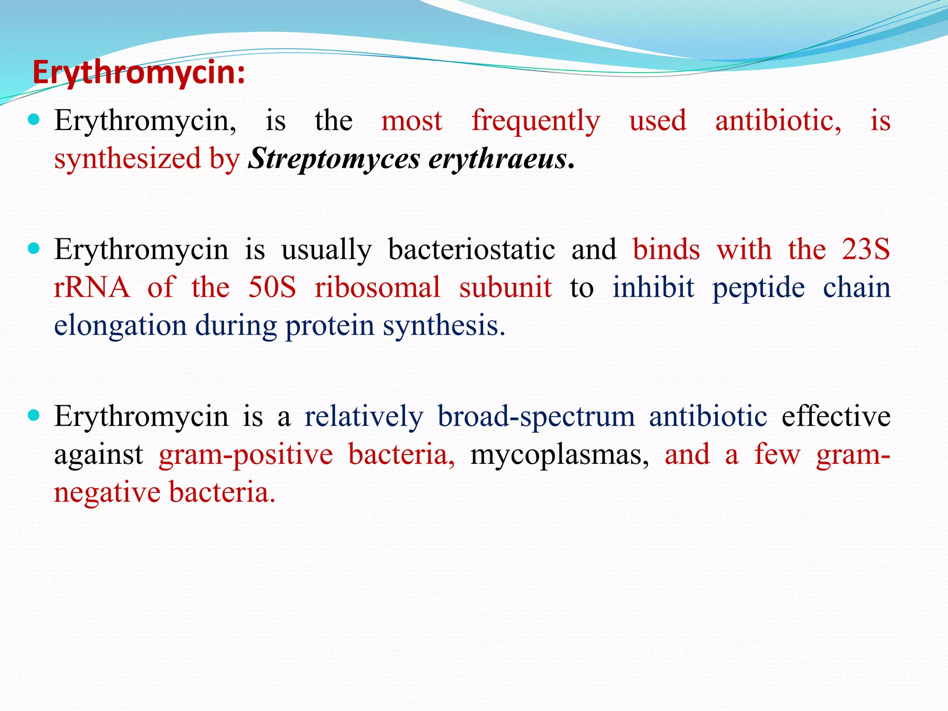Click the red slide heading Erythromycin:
(x=139, y=73)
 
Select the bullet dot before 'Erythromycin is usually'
(x=34, y=249)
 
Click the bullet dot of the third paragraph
(x=34, y=415)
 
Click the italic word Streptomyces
(x=334, y=159)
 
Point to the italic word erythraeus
(x=498, y=159)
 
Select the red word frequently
(x=536, y=121)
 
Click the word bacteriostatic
(x=471, y=250)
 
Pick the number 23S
(x=866, y=250)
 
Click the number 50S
(x=272, y=287)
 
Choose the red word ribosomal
(x=377, y=287)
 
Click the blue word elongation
(x=120, y=326)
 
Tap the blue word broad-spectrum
(x=536, y=417)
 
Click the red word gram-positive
(x=245, y=455)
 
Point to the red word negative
(x=107, y=493)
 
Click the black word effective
(x=836, y=416)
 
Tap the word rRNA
(x=92, y=287)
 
